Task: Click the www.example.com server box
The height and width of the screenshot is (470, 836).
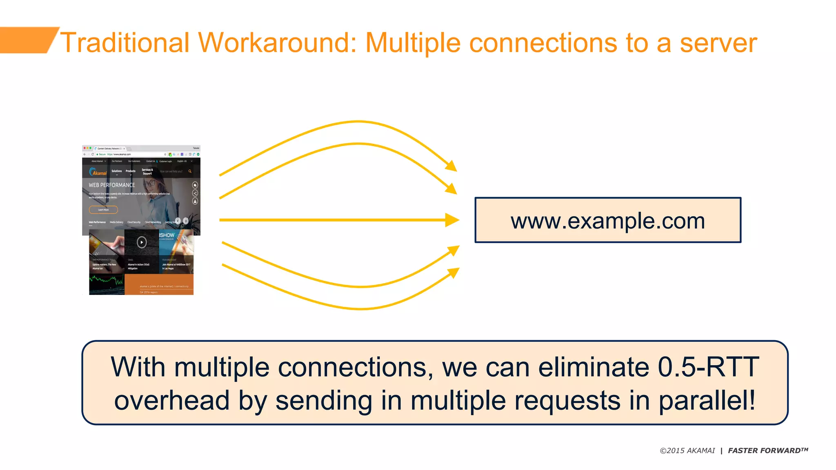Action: coord(607,220)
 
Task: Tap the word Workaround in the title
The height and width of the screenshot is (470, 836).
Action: coord(277,42)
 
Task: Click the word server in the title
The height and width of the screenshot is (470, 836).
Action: coord(718,42)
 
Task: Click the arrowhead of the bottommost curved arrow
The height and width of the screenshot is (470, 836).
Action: coord(453,273)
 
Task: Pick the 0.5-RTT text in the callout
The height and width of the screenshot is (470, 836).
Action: coord(708,367)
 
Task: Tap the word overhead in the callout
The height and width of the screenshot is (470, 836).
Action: coord(172,400)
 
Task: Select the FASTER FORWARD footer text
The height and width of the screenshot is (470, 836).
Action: coord(768,450)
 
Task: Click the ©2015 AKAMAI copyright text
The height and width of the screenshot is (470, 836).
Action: coord(687,450)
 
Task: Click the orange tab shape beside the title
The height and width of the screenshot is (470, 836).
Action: coord(27,40)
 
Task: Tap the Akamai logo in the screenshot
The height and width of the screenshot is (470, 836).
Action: coord(98,172)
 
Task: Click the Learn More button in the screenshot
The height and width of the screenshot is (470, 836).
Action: coord(103,210)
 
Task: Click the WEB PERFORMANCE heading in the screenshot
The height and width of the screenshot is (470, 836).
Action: coord(112,185)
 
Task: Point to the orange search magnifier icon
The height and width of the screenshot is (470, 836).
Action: coord(190,171)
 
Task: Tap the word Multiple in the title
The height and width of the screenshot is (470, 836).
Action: coord(413,42)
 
